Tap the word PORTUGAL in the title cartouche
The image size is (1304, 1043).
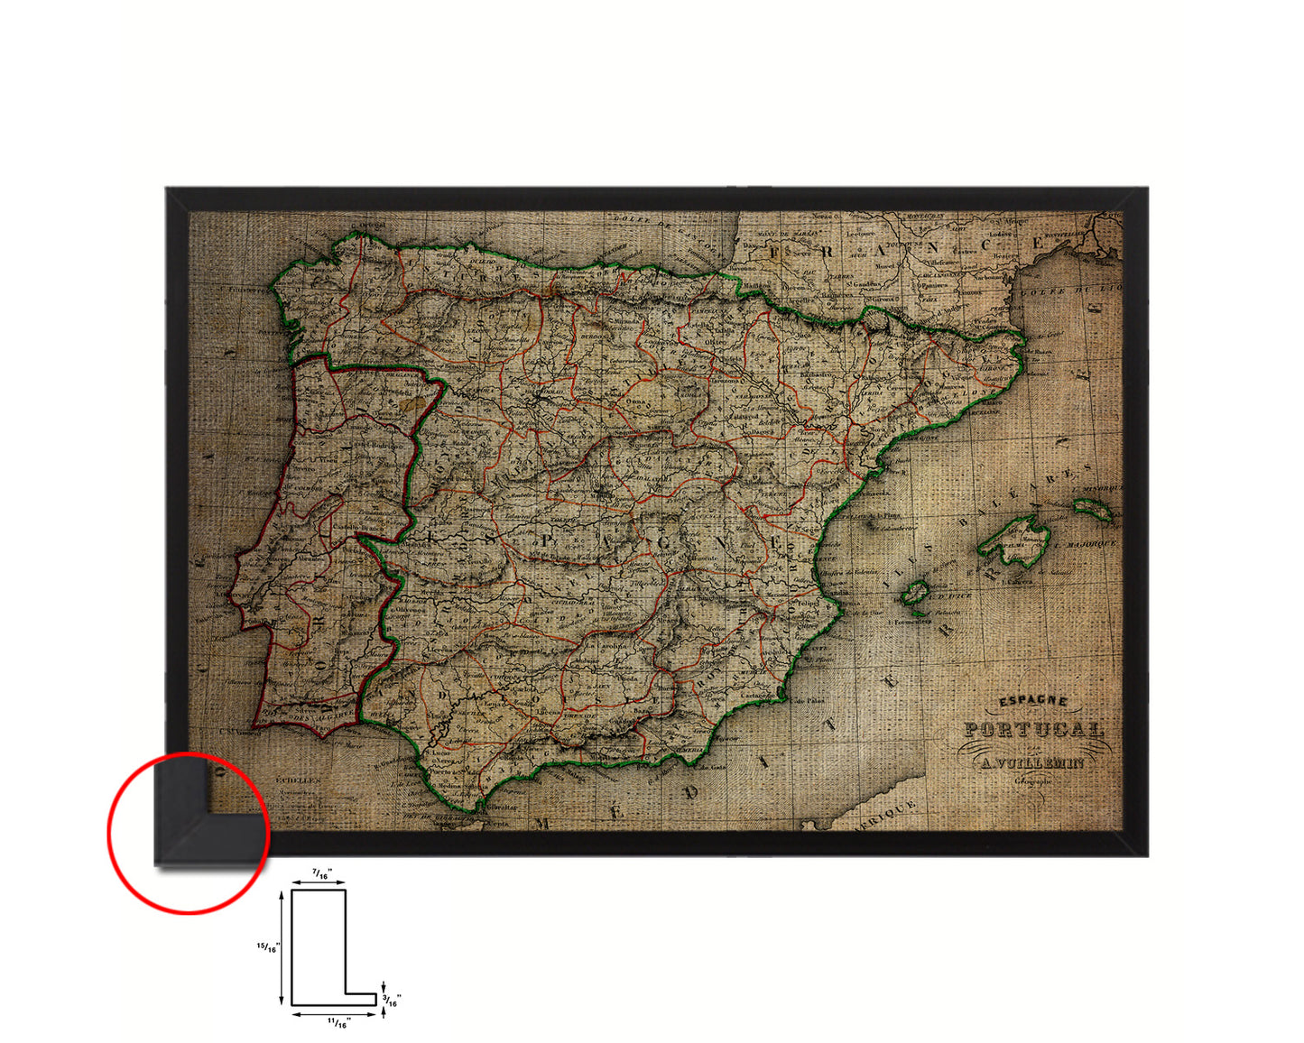(x=1033, y=730)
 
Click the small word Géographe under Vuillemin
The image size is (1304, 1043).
(x=1032, y=781)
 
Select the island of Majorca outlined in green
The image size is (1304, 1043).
(x=1015, y=541)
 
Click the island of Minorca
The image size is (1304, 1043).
(x=1093, y=510)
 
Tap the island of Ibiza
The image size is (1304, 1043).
(x=916, y=593)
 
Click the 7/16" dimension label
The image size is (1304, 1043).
(x=320, y=873)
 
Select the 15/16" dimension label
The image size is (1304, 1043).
(x=268, y=947)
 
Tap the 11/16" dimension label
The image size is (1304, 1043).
(x=338, y=1022)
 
